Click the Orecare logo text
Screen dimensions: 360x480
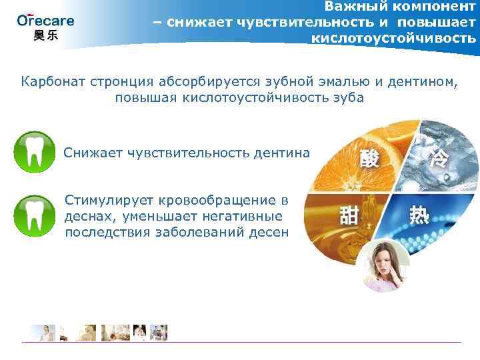click(x=45, y=21)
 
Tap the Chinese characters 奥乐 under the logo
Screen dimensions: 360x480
click(x=45, y=36)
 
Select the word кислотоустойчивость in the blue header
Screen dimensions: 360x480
click(x=393, y=38)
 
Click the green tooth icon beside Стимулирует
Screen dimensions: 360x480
click(x=34, y=215)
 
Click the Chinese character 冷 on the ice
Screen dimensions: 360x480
click(x=439, y=158)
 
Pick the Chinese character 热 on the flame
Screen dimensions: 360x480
click(x=420, y=215)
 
